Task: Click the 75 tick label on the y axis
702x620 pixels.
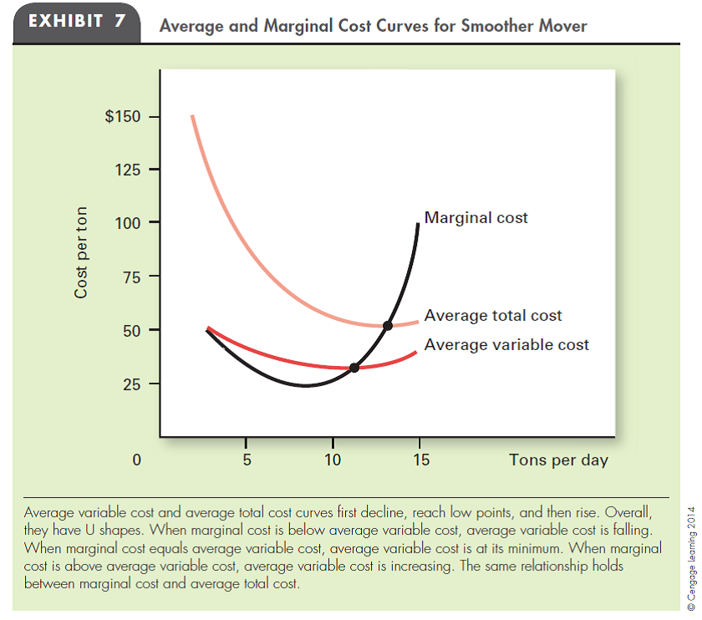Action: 130,277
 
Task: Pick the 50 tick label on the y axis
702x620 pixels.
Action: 130,330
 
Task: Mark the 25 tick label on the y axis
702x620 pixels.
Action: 130,384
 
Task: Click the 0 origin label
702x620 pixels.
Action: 137,460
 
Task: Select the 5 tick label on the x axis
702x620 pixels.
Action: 246,460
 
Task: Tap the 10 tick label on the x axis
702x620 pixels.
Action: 333,460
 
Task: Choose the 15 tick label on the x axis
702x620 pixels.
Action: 420,460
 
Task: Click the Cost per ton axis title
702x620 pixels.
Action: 82,252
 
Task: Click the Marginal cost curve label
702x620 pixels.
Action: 476,218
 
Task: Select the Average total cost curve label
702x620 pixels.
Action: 493,316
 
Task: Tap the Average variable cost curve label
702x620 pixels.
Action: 506,344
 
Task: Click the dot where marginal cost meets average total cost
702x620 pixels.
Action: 387,325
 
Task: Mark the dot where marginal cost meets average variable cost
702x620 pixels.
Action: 354,368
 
